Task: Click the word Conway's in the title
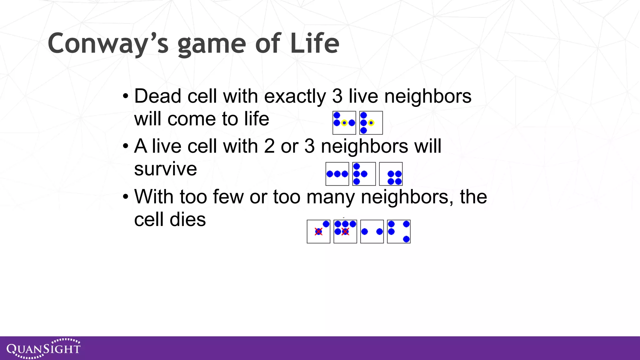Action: [x=108, y=43]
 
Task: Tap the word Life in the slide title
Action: [x=314, y=43]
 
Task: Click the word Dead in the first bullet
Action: [x=158, y=96]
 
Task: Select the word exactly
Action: [x=295, y=96]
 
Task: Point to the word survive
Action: [x=165, y=169]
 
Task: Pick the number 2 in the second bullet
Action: [x=269, y=146]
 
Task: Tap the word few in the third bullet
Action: [x=228, y=197]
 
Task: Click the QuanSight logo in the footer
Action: [x=43, y=348]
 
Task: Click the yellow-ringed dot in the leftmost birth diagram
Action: [x=344, y=123]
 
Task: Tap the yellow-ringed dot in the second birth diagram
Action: [x=371, y=123]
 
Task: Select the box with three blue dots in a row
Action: [x=337, y=174]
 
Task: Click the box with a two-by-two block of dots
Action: [x=391, y=174]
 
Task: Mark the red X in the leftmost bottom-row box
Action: [x=318, y=232]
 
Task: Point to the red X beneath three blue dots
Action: [x=345, y=232]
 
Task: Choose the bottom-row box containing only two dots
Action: [x=372, y=232]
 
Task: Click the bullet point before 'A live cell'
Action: [x=126, y=146]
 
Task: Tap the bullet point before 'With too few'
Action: [x=126, y=197]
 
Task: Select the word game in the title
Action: [x=212, y=43]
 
